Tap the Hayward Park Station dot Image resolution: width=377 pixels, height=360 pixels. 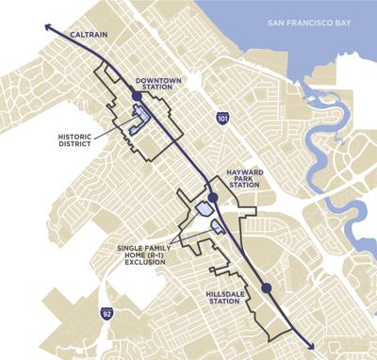[214, 197]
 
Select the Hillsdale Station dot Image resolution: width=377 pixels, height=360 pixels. [266, 287]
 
